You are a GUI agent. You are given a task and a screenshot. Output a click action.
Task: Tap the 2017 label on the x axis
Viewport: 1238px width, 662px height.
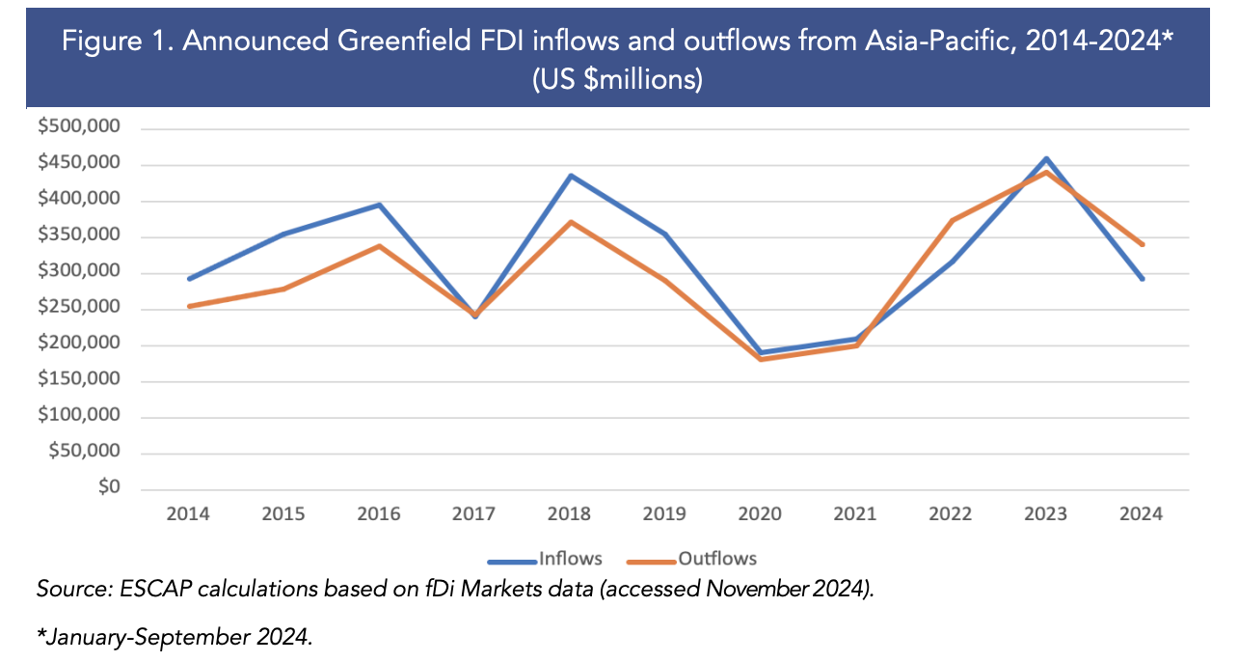coord(473,514)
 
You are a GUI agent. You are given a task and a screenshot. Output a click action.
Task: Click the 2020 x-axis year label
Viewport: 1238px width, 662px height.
coord(760,514)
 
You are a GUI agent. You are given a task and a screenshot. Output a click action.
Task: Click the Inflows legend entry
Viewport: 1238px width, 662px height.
coord(545,559)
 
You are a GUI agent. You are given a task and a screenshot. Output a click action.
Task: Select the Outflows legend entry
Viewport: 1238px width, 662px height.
coord(691,559)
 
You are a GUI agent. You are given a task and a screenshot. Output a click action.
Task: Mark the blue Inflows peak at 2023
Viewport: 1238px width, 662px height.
coord(1047,158)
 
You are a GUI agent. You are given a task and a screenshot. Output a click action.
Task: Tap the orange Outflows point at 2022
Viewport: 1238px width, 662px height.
coord(952,220)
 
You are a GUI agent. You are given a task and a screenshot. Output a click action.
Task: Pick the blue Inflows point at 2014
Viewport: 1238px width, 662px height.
coord(188,279)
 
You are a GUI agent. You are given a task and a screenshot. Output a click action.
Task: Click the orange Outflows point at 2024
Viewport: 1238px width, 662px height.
coord(1143,244)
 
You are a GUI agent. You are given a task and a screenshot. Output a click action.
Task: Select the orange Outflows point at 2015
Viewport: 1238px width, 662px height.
coord(283,289)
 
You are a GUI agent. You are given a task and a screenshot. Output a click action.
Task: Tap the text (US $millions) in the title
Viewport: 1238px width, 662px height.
coord(617,79)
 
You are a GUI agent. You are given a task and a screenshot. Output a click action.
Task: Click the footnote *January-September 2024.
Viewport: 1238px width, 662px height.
coord(174,638)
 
